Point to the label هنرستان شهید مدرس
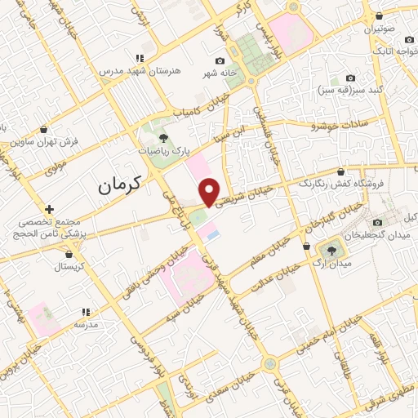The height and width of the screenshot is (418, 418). coord(139,71)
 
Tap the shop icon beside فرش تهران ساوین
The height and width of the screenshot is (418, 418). coord(43,129)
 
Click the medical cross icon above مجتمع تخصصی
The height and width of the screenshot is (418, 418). coord(50,210)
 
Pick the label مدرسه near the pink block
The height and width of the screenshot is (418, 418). coord(85,323)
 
